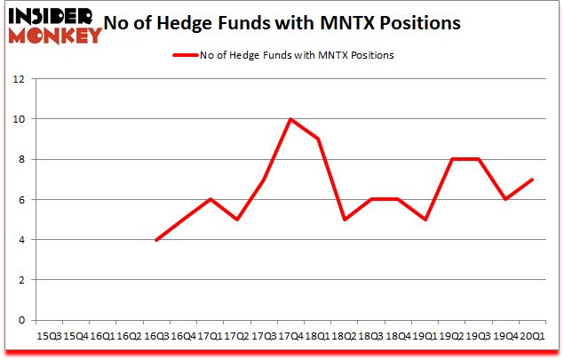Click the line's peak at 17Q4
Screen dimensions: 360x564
[x=290, y=119]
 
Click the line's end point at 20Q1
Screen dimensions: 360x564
[x=532, y=180]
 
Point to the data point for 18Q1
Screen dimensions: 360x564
[x=317, y=139]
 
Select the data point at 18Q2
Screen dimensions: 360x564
[x=343, y=220]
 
